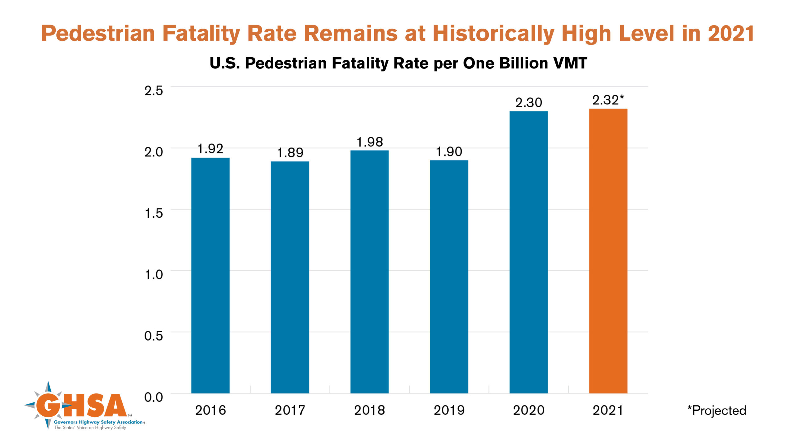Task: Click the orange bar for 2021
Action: tap(608, 251)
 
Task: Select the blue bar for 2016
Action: tap(210, 275)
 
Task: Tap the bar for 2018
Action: tap(370, 272)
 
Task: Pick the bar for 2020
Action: tap(529, 252)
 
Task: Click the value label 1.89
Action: tap(290, 153)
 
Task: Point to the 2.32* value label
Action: tap(608, 100)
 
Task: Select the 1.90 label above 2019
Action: tap(449, 152)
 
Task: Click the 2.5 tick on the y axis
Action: tap(153, 91)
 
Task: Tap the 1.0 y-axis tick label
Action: tap(153, 274)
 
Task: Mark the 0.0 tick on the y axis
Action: tap(153, 397)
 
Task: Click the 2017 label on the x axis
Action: tap(290, 410)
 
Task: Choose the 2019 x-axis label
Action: tap(449, 410)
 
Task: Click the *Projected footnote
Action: tap(717, 410)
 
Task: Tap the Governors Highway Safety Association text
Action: tap(98, 422)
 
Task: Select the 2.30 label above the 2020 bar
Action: tap(529, 103)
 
